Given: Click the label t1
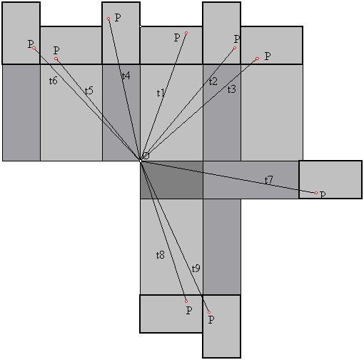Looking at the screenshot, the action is pos(161,93).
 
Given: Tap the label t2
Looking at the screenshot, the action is pos(213,81).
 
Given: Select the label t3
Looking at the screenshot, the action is pos(231,89).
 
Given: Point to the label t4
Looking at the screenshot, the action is pos(126,76).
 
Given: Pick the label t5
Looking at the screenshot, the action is pos(89,91).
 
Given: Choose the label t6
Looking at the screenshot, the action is pos(54,81).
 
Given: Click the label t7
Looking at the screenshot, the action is pos(268,180).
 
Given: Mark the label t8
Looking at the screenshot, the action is pos(161,255).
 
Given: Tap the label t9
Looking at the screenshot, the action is pos(196,269).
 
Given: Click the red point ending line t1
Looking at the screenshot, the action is pos(186,33).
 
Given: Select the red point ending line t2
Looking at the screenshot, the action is pos(235,48).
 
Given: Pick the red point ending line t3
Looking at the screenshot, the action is pos(257,59).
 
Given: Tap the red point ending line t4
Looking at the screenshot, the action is pos(108,19).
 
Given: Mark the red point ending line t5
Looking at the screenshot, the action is pos(56,59).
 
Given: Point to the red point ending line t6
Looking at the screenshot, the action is pos(34,48).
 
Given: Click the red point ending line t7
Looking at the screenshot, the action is pos(316,193).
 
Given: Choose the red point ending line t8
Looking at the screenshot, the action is pos(186,301).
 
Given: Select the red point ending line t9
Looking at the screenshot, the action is pos(209,312).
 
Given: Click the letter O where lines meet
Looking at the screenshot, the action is pos(146,156).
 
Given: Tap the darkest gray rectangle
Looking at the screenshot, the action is pos(171,180).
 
